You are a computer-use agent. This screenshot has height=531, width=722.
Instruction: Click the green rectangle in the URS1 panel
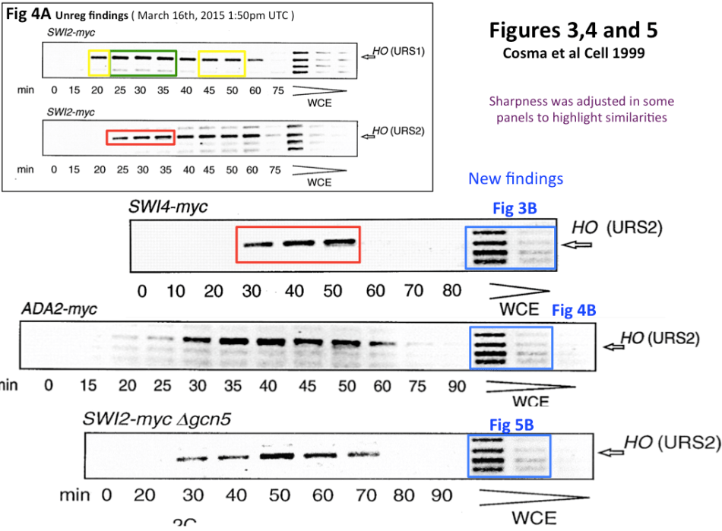pyautogui.click(x=144, y=62)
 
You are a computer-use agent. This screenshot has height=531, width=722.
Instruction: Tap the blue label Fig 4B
pyautogui.click(x=574, y=310)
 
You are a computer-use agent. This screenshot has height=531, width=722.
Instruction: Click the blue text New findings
pyautogui.click(x=515, y=179)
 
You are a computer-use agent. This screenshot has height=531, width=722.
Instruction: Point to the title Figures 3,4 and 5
pyautogui.click(x=574, y=30)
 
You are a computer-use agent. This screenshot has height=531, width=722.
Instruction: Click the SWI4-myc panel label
pyautogui.click(x=168, y=207)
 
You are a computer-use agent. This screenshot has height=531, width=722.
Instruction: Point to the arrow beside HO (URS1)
pyautogui.click(x=369, y=55)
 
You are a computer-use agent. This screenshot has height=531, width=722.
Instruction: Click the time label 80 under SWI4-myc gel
pyautogui.click(x=451, y=291)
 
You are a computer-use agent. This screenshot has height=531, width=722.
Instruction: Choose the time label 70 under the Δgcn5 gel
pyautogui.click(x=368, y=495)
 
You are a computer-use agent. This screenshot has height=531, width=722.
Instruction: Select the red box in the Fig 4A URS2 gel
pyautogui.click(x=141, y=137)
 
